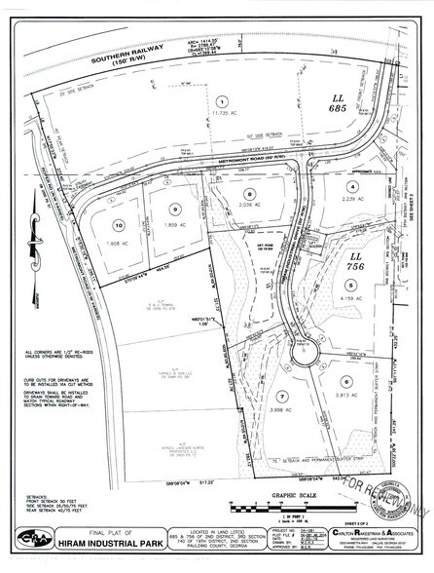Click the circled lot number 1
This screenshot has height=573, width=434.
(222, 101)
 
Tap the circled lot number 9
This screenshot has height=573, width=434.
(175, 207)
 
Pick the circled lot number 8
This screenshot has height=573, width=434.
(249, 195)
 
